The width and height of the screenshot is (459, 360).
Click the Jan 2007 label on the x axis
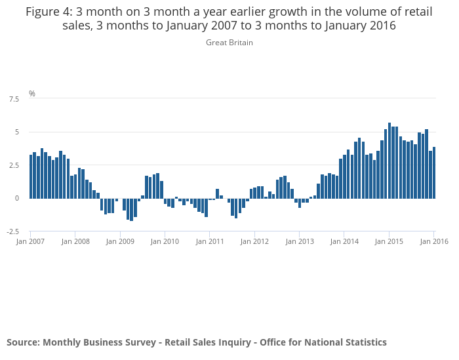pyautogui.click(x=30, y=241)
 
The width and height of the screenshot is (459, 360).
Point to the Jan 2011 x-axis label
pyautogui.click(x=209, y=241)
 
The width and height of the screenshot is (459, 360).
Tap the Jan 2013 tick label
pyautogui.click(x=299, y=241)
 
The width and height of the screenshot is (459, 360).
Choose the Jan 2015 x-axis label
pyautogui.click(x=389, y=241)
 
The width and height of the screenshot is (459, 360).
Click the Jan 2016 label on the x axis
pyautogui.click(x=434, y=241)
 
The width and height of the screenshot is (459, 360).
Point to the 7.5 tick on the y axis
pyautogui.click(x=14, y=99)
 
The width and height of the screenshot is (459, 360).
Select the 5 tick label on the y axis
pyautogui.click(x=17, y=132)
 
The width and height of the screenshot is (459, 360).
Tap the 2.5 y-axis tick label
pyautogui.click(x=14, y=165)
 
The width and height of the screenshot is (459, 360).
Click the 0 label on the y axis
pyautogui.click(x=17, y=198)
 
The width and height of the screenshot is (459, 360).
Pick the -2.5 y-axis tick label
pyautogui.click(x=12, y=231)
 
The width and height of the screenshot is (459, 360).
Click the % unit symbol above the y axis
pyautogui.click(x=32, y=94)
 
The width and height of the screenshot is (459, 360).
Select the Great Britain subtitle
pyautogui.click(x=229, y=43)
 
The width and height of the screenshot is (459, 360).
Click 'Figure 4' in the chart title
pyautogui.click(x=50, y=12)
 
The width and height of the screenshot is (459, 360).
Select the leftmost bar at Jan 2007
pyautogui.click(x=31, y=176)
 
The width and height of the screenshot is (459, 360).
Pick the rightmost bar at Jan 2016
pyautogui.click(x=434, y=172)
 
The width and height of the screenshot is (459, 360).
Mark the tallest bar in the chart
pyautogui.click(x=389, y=161)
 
